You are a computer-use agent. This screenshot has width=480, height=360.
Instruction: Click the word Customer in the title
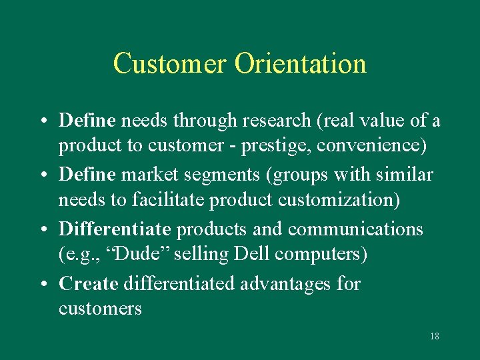(x=171, y=63)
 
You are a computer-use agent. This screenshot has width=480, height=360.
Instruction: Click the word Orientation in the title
(x=300, y=63)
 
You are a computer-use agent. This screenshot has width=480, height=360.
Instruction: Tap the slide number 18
(x=434, y=336)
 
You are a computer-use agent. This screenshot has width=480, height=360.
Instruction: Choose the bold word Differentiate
(x=115, y=229)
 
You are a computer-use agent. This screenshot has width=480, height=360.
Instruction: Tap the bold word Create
(x=89, y=284)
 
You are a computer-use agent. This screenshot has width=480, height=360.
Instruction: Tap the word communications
(x=355, y=229)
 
